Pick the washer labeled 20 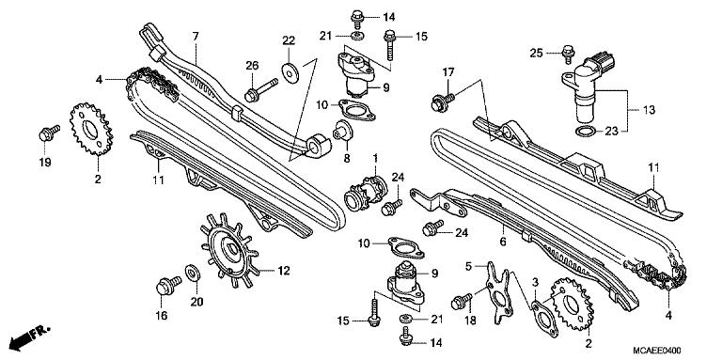point(193,273)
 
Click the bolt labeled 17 point(439,97)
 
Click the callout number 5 point(466,266)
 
